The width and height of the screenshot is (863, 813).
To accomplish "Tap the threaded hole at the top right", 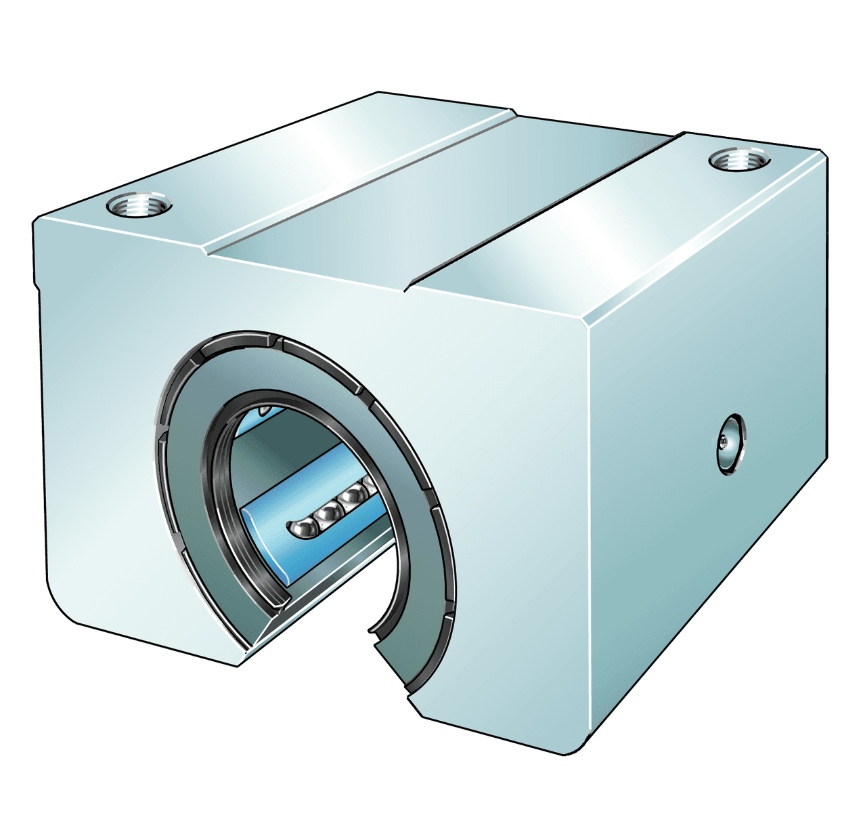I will pos(739,161).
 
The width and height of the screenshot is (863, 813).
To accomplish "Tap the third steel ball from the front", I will pos(351,499).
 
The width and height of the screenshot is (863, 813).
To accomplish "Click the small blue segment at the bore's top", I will pos(261,411).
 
